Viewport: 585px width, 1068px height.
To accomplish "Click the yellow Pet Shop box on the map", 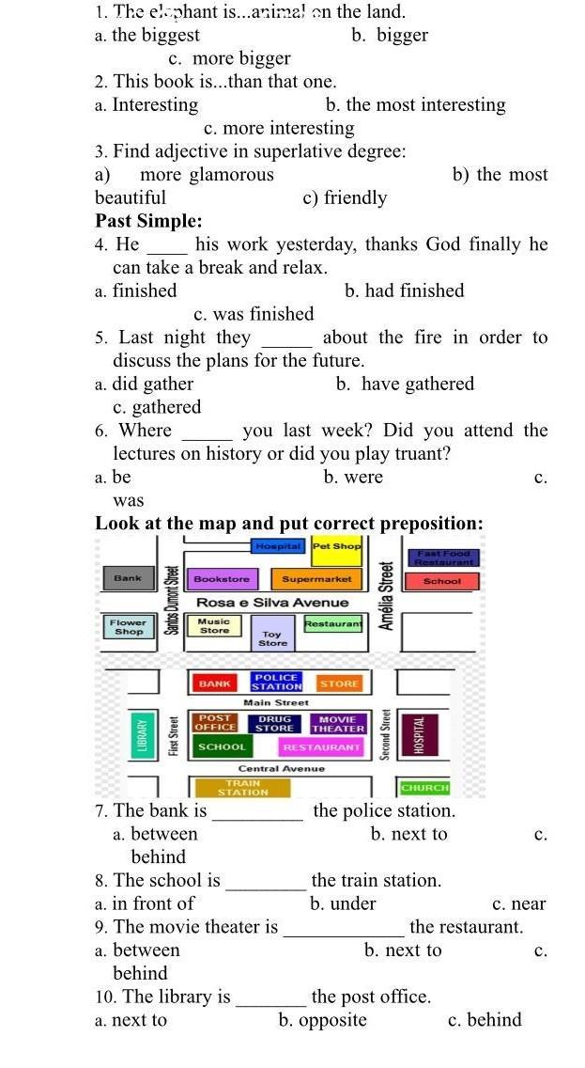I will click(336, 545).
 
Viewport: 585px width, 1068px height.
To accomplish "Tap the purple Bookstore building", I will click(222, 579).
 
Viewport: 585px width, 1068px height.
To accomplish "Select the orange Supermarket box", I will click(316, 579).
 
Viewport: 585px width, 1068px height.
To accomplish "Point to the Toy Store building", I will click(272, 638).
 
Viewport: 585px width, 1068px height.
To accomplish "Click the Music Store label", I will click(214, 626).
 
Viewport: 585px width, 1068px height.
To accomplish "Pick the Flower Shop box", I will click(128, 626).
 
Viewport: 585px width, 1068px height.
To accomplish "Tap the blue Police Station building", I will click(276, 682).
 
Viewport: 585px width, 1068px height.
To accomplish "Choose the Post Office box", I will click(215, 723).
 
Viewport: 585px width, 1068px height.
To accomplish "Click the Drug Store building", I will click(274, 723).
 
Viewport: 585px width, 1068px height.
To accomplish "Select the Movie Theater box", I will click(338, 723).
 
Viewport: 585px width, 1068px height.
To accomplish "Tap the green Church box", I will click(424, 788).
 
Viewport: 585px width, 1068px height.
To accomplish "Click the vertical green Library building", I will click(143, 733).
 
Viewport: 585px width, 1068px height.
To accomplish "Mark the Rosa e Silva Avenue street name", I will click(272, 603).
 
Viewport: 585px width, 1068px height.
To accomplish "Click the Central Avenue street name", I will click(281, 768).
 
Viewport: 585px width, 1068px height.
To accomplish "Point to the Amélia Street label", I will click(385, 595).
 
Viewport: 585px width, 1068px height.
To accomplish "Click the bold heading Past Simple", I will click(148, 221).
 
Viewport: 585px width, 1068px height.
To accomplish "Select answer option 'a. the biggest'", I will click(147, 35).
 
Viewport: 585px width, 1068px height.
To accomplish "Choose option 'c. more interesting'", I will click(279, 128).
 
